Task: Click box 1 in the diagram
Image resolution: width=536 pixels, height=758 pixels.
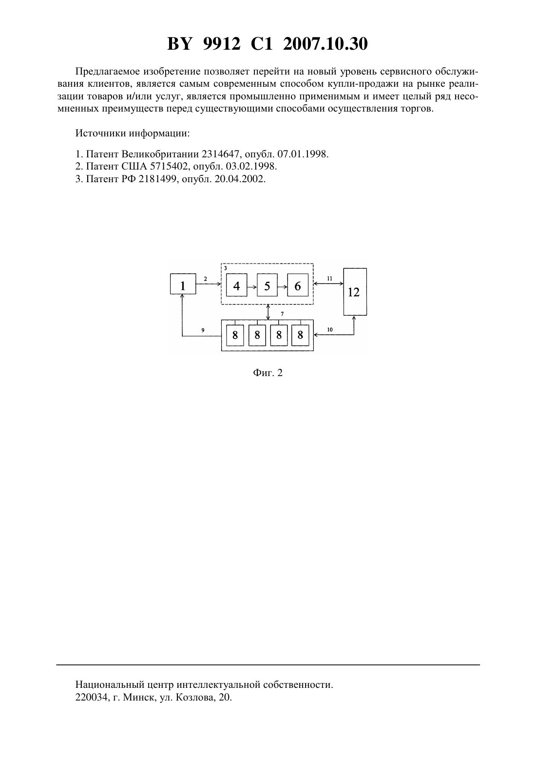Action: [x=183, y=284]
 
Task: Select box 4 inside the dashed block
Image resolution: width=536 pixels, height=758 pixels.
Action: [x=236, y=285]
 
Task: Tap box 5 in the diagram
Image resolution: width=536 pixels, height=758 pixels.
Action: [x=267, y=285]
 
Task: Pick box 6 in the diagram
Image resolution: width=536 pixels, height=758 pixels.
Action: [x=298, y=285]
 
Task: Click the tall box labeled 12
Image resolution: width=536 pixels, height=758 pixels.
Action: [x=355, y=292]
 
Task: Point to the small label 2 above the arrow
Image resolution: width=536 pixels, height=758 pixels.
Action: [x=206, y=279]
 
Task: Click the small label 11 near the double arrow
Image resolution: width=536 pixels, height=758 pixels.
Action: [x=329, y=279]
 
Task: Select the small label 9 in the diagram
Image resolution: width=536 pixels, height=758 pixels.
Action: [x=203, y=330]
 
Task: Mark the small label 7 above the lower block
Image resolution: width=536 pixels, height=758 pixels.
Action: [x=282, y=314]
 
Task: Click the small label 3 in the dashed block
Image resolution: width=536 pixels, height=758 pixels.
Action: [x=225, y=268]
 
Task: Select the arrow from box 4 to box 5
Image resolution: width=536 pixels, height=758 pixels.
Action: [x=252, y=287]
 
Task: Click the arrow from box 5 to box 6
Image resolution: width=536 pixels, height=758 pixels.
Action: [x=282, y=287]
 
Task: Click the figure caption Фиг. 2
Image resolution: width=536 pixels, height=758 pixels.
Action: [x=268, y=373]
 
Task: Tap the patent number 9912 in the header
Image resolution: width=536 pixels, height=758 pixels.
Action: [x=222, y=44]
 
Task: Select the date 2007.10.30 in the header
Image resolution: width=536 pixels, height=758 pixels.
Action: [x=325, y=44]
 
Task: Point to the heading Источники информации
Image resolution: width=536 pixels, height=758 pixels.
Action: [x=133, y=133]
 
